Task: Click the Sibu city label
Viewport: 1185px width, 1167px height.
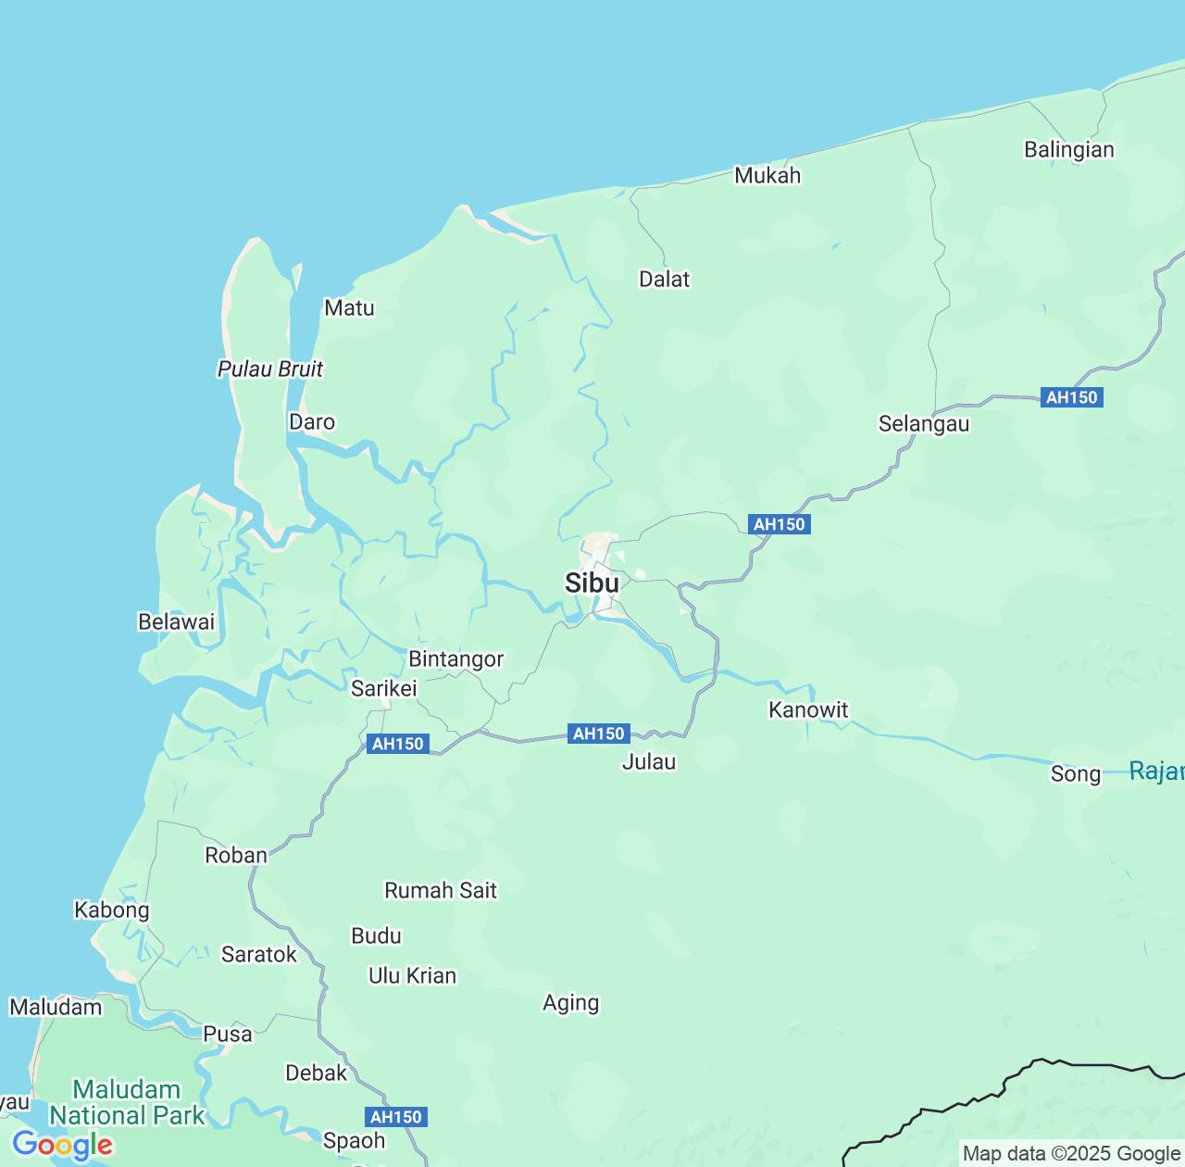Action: point(592,583)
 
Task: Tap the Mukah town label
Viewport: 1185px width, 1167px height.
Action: point(767,175)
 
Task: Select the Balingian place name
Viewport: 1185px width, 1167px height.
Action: point(1069,149)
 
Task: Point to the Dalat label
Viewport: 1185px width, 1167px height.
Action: point(665,279)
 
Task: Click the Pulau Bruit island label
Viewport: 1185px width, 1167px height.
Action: point(270,369)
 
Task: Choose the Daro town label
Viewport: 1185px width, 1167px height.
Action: point(312,421)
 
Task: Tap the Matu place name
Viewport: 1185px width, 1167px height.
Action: point(349,307)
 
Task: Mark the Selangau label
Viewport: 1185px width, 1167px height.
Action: point(924,424)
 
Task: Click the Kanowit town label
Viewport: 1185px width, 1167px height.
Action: point(808,709)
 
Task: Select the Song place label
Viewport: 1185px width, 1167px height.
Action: point(1076,773)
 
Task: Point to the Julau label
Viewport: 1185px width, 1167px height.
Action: point(649,761)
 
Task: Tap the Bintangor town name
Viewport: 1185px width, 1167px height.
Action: point(456,659)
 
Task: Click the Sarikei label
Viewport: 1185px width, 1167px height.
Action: point(384,688)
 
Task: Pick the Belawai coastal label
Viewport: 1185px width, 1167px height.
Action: point(176,621)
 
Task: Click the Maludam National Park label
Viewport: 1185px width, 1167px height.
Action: point(127,1102)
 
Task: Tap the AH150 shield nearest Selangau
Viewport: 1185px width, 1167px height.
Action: point(1071,397)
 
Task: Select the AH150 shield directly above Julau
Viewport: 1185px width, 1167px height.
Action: point(599,734)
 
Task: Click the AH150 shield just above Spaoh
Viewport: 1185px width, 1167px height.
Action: point(396,1117)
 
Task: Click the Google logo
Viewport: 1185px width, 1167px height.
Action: point(62,1145)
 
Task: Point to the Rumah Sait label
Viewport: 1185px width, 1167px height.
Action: point(441,890)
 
